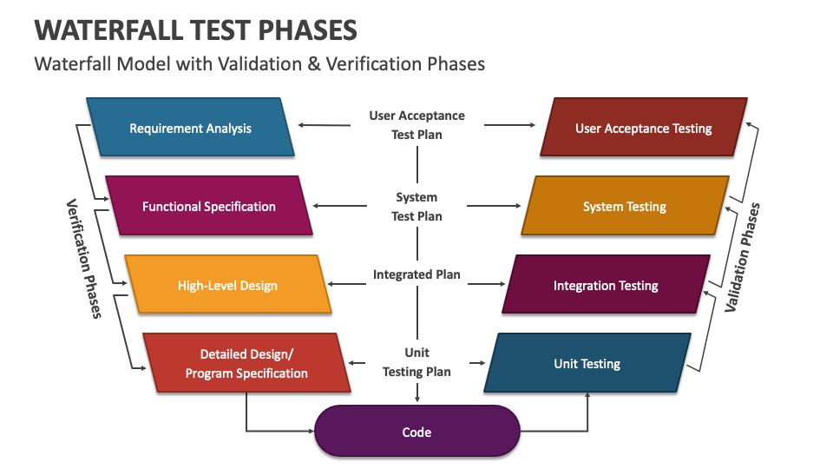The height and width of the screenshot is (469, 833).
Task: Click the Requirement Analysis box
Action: pyautogui.click(x=191, y=128)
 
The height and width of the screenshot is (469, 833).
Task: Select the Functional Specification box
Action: pyautogui.click(x=209, y=206)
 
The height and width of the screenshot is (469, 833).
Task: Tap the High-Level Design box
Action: pyautogui.click(x=227, y=285)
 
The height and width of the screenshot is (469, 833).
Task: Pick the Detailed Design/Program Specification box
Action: pyautogui.click(x=247, y=363)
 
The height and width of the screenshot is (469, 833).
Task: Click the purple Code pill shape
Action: pyautogui.click(x=416, y=432)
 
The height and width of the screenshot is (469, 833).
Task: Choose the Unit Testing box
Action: pyautogui.click(x=587, y=363)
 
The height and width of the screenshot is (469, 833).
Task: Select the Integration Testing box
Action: pyautogui.click(x=606, y=285)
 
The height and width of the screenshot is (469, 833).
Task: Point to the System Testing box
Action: pyautogui.click(x=625, y=206)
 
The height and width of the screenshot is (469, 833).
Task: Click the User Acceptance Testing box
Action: pyautogui.click(x=643, y=128)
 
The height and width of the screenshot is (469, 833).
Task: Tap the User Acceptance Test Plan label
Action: pyautogui.click(x=416, y=124)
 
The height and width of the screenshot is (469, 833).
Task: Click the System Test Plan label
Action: pyautogui.click(x=416, y=207)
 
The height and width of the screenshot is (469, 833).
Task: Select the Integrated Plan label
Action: pyautogui.click(x=416, y=274)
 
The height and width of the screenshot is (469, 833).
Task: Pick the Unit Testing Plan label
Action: pyautogui.click(x=416, y=362)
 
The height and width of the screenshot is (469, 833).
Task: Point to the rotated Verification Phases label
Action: pyautogui.click(x=83, y=258)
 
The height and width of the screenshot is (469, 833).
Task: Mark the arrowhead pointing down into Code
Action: pyautogui.click(x=417, y=399)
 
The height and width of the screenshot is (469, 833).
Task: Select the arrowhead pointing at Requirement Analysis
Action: pyautogui.click(x=301, y=125)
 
